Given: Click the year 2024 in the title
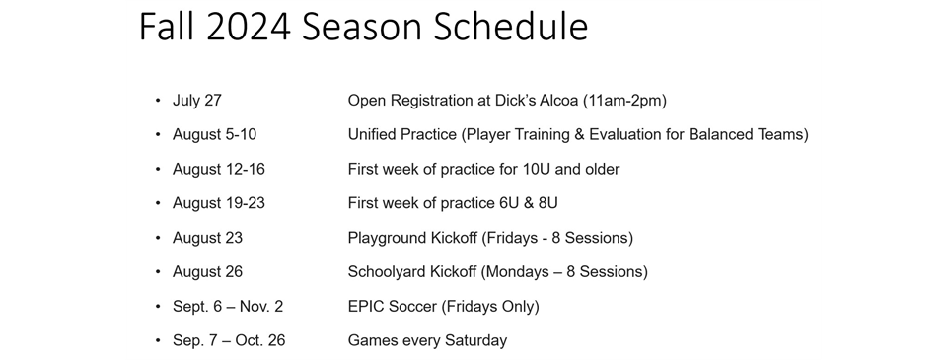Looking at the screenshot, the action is [249, 27].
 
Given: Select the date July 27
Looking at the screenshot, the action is [197, 101].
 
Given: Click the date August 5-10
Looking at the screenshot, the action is [214, 135].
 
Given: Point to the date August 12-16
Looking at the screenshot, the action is [219, 169].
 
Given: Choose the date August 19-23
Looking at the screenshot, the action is [219, 203].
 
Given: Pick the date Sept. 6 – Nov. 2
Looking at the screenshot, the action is [228, 307].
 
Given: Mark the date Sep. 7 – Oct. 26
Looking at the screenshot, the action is [229, 340].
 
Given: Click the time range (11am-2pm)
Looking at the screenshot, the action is [624, 101].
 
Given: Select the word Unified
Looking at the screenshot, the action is [372, 135].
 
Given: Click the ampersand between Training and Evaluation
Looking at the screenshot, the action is [579, 135].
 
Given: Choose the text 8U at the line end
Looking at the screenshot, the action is [547, 203].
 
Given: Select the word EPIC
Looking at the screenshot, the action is [365, 307].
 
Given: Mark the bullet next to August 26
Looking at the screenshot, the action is [158, 272].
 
